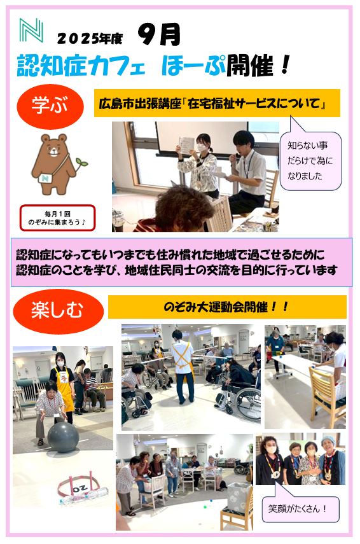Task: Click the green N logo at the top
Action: pyautogui.click(x=31, y=30)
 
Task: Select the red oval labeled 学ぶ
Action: pyautogui.click(x=50, y=106)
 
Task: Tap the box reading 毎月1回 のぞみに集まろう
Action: pyautogui.click(x=57, y=218)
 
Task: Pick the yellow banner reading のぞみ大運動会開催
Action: pyautogui.click(x=227, y=307)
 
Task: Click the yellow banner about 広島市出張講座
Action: pyautogui.click(x=217, y=103)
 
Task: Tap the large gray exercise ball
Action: pyautogui.click(x=63, y=437)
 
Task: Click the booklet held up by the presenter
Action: pyautogui.click(x=186, y=145)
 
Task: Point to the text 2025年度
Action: pyautogui.click(x=90, y=38)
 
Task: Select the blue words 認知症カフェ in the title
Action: pyautogui.click(x=81, y=66)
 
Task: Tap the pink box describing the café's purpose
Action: pyautogui.click(x=182, y=262)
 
